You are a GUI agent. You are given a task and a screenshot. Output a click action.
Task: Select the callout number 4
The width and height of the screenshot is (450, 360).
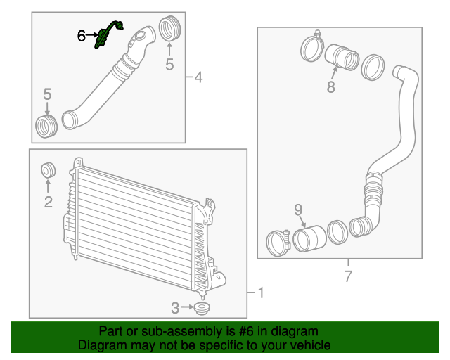[x=198, y=77]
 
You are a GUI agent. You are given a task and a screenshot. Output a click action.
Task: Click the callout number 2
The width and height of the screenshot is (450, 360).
[x=48, y=203]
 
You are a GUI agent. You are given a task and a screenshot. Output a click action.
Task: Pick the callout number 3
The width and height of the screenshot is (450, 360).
[x=174, y=307]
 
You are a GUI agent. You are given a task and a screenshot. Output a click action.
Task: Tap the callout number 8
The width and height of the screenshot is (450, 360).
[x=330, y=87]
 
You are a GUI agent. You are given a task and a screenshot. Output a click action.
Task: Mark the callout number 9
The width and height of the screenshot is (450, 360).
[x=297, y=209]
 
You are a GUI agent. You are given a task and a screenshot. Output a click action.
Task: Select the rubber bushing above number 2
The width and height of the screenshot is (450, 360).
[x=49, y=170]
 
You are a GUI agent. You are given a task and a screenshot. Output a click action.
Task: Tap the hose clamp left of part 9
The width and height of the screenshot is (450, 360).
[x=278, y=243]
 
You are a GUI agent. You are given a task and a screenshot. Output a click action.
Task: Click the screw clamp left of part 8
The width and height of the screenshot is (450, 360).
[x=312, y=47]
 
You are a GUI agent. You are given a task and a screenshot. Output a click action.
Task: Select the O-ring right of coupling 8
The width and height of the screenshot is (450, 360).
[x=371, y=67]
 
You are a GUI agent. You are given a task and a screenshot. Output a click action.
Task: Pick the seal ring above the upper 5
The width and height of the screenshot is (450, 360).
[x=169, y=29]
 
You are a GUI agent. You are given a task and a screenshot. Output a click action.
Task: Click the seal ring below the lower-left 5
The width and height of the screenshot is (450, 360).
[x=46, y=127]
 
